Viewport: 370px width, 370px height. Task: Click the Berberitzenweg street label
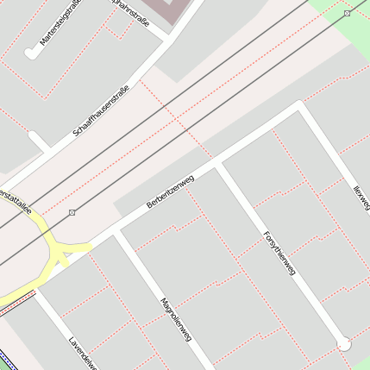(170, 191)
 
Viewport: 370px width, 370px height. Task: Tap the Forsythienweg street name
(279, 252)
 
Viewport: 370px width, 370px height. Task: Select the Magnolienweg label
(175, 319)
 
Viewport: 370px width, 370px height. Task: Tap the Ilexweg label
(361, 193)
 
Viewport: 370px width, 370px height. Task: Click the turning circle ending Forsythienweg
(343, 343)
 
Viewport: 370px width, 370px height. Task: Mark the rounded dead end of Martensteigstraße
(31, 53)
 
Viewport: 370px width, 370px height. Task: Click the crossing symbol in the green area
(346, 14)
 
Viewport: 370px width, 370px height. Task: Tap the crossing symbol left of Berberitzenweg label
(72, 212)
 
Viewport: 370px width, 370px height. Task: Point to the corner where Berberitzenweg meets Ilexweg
(299, 106)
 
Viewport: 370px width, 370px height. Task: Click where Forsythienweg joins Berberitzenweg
(218, 163)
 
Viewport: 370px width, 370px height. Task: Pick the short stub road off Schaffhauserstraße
(38, 141)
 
